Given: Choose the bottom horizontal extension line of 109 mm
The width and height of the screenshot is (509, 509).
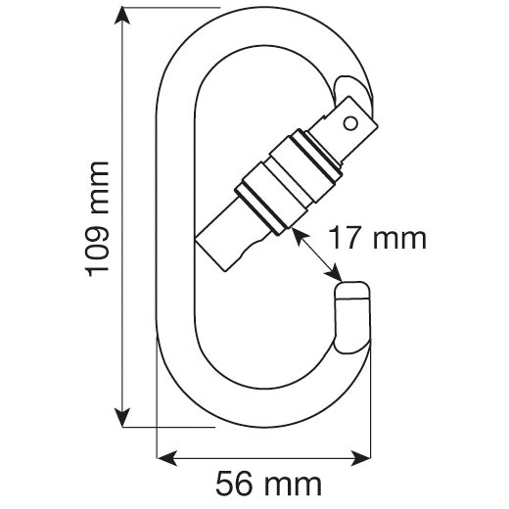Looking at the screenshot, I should pyautogui.click(x=166, y=426).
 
